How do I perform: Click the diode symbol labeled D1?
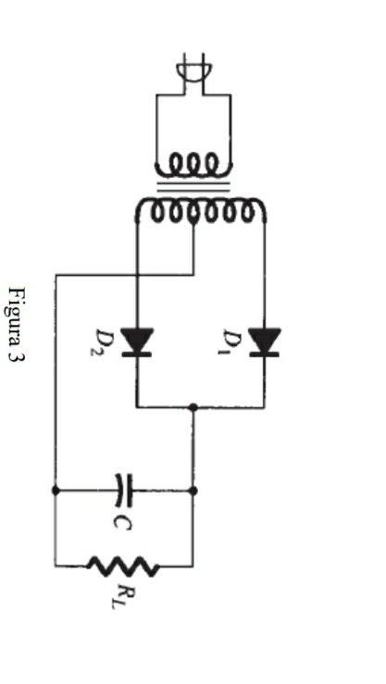click(265, 342)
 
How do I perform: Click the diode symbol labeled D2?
click(137, 342)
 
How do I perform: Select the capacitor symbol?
click(125, 490)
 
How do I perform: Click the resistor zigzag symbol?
click(123, 566)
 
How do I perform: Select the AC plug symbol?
click(193, 73)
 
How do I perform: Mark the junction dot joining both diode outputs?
click(193, 406)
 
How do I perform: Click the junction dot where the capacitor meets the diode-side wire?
click(193, 490)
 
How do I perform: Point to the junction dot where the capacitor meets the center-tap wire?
click(56, 490)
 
